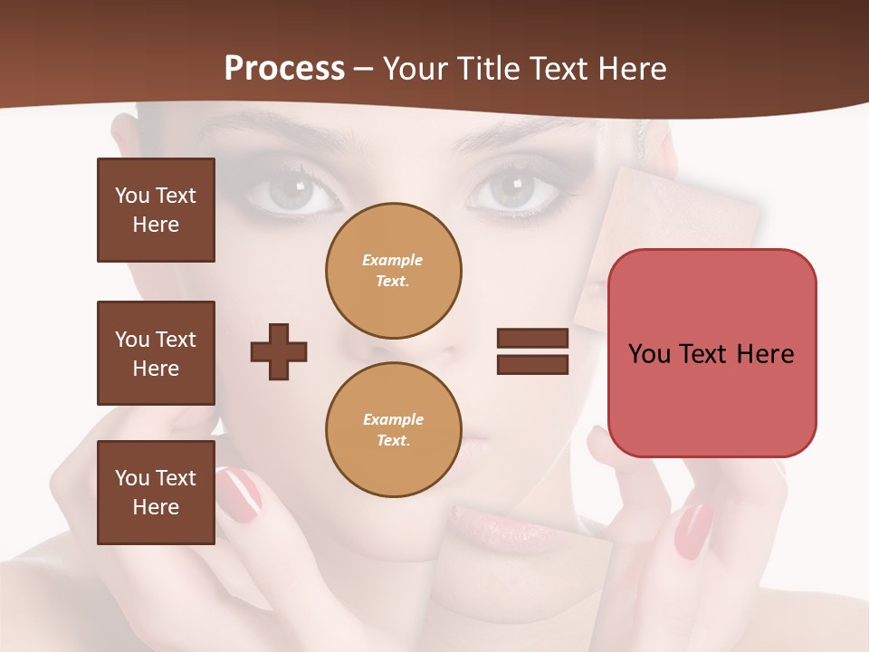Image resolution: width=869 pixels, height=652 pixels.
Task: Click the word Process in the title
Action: [284, 69]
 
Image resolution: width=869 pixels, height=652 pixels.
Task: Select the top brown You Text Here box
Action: [156, 210]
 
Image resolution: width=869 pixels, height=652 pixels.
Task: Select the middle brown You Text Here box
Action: [156, 353]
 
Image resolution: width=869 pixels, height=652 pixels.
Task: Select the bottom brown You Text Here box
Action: [156, 493]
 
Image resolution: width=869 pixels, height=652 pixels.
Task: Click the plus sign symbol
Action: [279, 351]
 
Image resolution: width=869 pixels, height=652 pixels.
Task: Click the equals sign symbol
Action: [532, 351]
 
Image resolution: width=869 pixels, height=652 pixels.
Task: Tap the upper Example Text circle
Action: [393, 270]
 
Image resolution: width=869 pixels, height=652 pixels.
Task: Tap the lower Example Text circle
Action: [393, 429]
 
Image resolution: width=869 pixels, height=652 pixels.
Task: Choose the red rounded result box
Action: [711, 353]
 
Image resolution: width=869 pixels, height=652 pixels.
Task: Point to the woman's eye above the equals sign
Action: [513, 190]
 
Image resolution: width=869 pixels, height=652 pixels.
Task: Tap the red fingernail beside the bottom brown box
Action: [240, 494]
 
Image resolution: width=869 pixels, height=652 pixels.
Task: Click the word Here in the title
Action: [633, 69]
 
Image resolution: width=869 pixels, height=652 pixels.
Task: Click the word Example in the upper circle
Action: [392, 260]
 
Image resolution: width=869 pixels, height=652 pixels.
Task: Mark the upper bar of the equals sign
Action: [532, 339]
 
